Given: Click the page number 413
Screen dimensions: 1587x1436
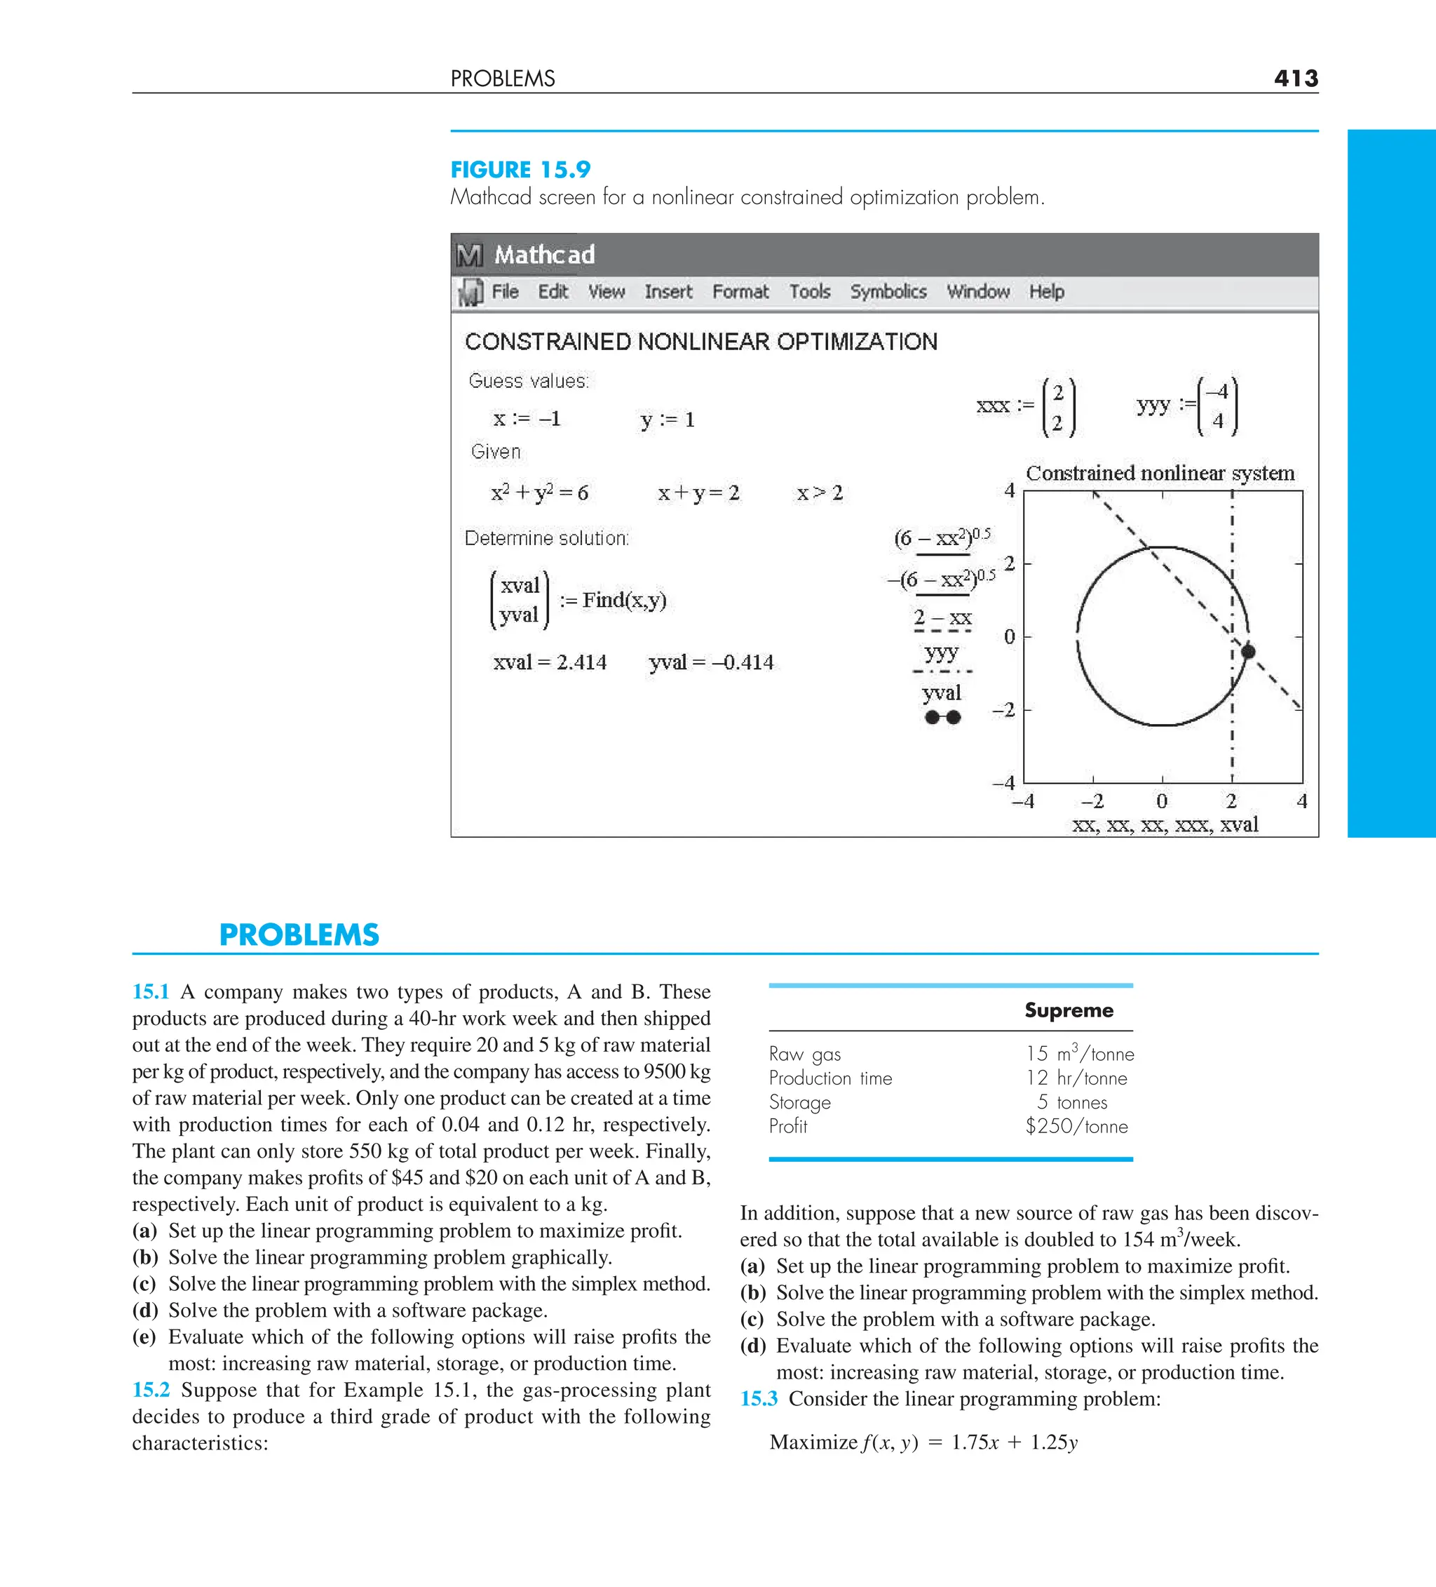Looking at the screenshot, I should [x=1295, y=78].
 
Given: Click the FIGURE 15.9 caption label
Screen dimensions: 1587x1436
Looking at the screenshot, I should [x=520, y=169].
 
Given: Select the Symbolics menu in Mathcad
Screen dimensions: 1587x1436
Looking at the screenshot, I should [x=888, y=291].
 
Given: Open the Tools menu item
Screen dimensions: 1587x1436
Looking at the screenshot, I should [x=810, y=291].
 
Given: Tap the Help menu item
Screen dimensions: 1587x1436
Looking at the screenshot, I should [x=1047, y=291].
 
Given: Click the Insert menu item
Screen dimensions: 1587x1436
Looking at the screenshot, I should [x=668, y=291].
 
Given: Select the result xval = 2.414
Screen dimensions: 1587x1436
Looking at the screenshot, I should [x=549, y=662].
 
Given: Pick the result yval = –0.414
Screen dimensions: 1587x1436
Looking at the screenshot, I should [x=710, y=662].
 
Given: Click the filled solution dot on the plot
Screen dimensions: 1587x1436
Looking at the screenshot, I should [x=1248, y=651].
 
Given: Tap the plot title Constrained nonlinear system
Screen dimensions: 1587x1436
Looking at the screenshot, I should [x=1160, y=473].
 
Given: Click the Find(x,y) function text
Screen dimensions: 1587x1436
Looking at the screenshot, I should [x=624, y=600].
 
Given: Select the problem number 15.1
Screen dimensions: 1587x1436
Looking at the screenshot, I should [x=150, y=991].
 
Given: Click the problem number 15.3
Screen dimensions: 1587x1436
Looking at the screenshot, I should [x=759, y=1398].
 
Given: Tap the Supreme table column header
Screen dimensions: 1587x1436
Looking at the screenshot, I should [x=1069, y=1010].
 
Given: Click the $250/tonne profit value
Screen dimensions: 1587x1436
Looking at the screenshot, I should [x=1076, y=1127].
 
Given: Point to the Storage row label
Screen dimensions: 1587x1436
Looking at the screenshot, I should [x=799, y=1102].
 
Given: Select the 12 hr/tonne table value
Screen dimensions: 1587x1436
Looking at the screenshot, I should [x=1076, y=1078].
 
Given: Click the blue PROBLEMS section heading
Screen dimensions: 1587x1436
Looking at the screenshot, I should [x=299, y=935].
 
